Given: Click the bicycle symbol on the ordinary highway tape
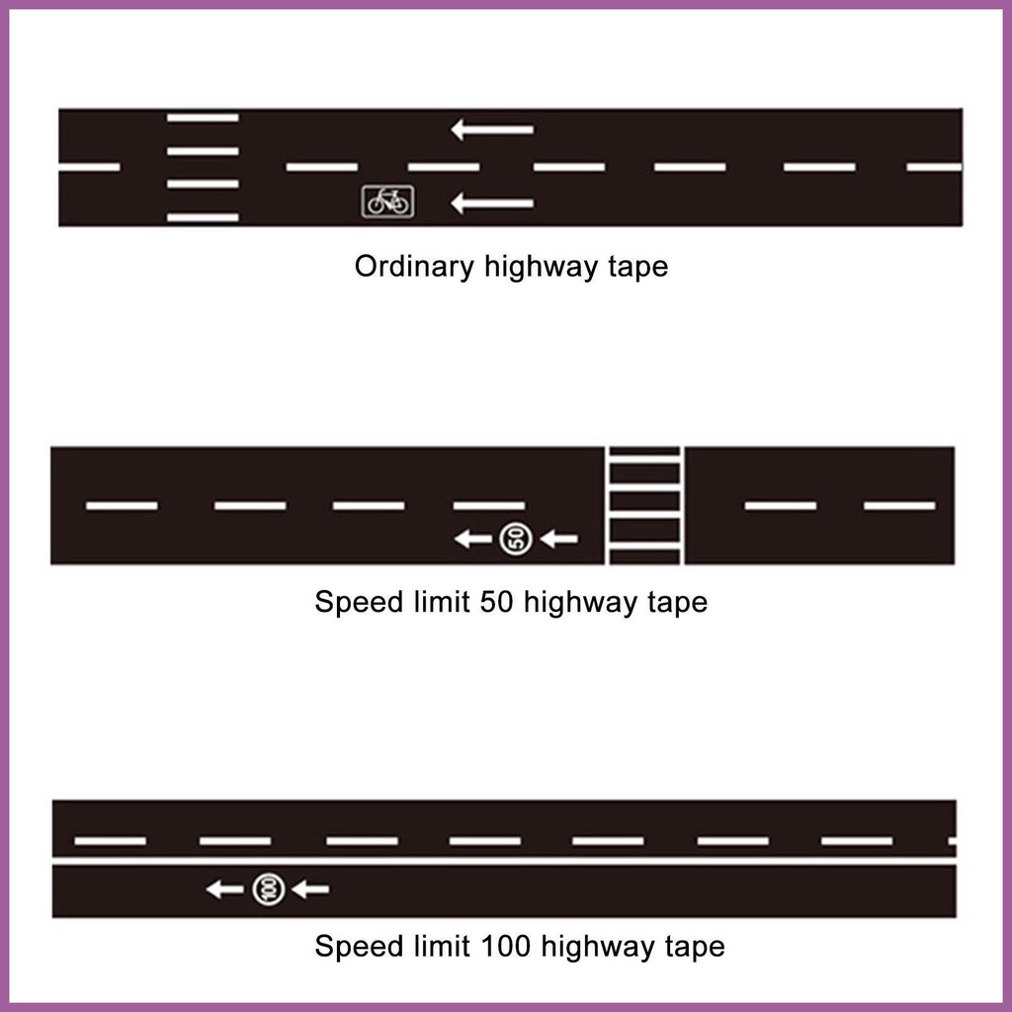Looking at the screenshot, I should (387, 202).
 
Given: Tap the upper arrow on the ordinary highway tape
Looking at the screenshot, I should (492, 128).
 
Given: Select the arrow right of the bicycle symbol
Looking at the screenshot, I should (492, 204).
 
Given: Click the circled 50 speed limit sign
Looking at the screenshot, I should (515, 539).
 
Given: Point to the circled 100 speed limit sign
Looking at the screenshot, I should (268, 889).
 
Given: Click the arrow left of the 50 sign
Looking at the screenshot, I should (472, 539).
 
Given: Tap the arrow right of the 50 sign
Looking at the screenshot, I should (559, 539).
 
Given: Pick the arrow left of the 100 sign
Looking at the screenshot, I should (224, 889).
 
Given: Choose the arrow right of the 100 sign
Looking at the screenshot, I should (310, 889).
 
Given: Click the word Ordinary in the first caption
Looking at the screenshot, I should (414, 267).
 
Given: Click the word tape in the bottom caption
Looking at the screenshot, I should (691, 947).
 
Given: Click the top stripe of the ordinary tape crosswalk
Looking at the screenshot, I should (203, 118).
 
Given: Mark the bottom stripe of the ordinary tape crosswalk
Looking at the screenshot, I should (203, 216).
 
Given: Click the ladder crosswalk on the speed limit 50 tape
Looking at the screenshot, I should (644, 506).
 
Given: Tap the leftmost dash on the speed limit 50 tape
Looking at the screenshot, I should (122, 506).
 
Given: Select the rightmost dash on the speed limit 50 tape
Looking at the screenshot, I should (899, 506).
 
